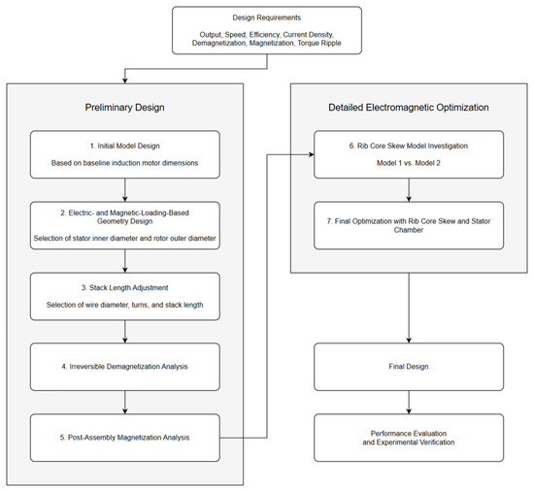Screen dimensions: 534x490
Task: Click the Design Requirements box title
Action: (x=267, y=17)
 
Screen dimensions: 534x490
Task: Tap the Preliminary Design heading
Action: (x=124, y=108)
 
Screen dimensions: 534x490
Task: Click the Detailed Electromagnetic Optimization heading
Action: (x=409, y=108)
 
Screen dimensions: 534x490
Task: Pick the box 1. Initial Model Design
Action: (x=125, y=154)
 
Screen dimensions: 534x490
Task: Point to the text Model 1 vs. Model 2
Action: (x=409, y=163)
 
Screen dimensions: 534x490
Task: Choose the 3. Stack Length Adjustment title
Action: (x=124, y=288)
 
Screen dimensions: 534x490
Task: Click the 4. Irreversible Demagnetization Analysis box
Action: (x=125, y=367)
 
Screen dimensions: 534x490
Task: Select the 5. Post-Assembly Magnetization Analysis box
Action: (x=125, y=438)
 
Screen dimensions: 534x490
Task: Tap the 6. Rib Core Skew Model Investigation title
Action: (x=409, y=146)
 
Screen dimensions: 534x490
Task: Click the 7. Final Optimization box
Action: (x=409, y=225)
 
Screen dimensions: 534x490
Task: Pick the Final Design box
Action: (x=409, y=367)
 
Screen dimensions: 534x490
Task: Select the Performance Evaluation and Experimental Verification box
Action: (x=409, y=438)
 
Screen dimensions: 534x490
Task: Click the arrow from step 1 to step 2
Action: (x=125, y=190)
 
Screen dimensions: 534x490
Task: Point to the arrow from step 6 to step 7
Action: (x=409, y=190)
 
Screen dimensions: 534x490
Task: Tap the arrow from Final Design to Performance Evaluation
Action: (x=409, y=403)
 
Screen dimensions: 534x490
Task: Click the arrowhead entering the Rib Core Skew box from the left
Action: (x=312, y=154)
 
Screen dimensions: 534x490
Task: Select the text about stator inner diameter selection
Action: (x=124, y=238)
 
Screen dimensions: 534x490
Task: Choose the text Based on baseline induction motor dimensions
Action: (x=124, y=163)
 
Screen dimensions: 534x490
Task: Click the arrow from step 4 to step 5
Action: (x=125, y=403)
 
